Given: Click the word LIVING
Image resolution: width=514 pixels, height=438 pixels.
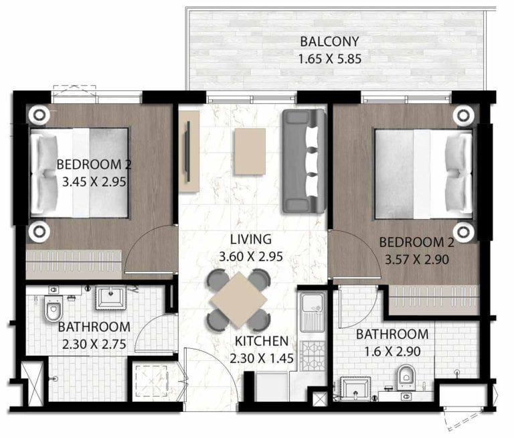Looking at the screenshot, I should click(249, 239).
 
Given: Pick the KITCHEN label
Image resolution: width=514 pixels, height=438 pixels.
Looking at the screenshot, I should click(261, 341).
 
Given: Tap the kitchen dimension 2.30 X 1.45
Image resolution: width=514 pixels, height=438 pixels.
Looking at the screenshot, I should click(261, 358).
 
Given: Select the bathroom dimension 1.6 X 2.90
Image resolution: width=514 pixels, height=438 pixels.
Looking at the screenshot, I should click(392, 351).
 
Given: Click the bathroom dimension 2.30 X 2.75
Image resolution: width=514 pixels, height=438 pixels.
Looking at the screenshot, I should click(93, 343).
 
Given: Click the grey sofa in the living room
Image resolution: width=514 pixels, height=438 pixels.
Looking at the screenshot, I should click(303, 161).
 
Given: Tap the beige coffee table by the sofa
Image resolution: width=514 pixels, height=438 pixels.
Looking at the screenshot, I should click(249, 149).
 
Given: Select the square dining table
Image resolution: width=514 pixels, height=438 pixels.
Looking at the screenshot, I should click(238, 299).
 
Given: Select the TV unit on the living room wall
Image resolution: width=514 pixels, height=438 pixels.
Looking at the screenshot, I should click(189, 148).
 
